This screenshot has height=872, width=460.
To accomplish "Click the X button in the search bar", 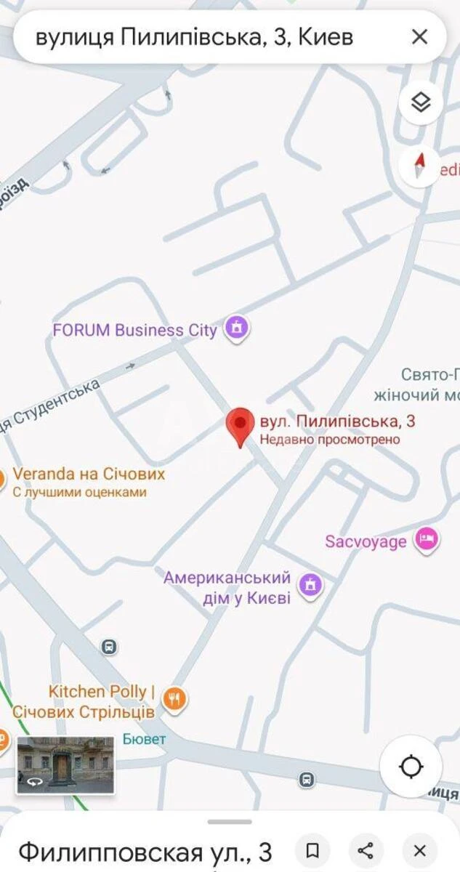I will click(x=419, y=37).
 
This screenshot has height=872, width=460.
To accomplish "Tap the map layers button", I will click(x=421, y=103).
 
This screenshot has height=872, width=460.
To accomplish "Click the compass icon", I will click(x=419, y=166).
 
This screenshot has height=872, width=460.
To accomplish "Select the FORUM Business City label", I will click(x=134, y=330).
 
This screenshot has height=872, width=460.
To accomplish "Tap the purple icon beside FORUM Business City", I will click(x=235, y=329).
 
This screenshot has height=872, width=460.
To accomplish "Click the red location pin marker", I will click(x=241, y=427).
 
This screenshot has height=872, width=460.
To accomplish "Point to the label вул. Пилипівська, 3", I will click(x=337, y=421).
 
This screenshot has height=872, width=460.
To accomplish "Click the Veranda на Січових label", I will click(x=89, y=475).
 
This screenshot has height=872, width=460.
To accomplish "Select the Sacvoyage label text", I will click(x=366, y=541).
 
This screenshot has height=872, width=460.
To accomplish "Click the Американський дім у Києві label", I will click(x=227, y=588).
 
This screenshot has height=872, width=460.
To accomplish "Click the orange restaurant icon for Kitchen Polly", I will click(x=174, y=699).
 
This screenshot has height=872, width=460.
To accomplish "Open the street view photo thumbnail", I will click(x=65, y=764).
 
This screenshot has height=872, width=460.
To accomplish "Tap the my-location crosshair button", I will click(x=411, y=767).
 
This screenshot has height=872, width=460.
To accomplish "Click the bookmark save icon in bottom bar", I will click(x=312, y=851).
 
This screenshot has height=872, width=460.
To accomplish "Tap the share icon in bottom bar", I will click(x=366, y=851).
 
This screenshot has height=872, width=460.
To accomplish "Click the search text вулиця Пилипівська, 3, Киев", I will click(x=194, y=37).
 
